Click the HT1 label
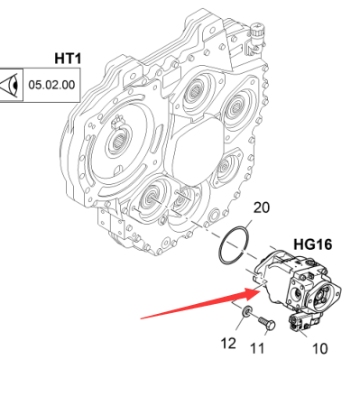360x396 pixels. click(68, 59)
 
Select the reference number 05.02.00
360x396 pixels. click(51, 85)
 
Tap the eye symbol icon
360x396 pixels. click(11, 85)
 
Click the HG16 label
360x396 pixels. click(313, 244)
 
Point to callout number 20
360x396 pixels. click(262, 207)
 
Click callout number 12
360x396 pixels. click(228, 343)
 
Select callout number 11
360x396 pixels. click(257, 348)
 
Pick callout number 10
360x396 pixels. click(320, 349)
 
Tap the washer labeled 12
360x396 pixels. click(247, 311)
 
